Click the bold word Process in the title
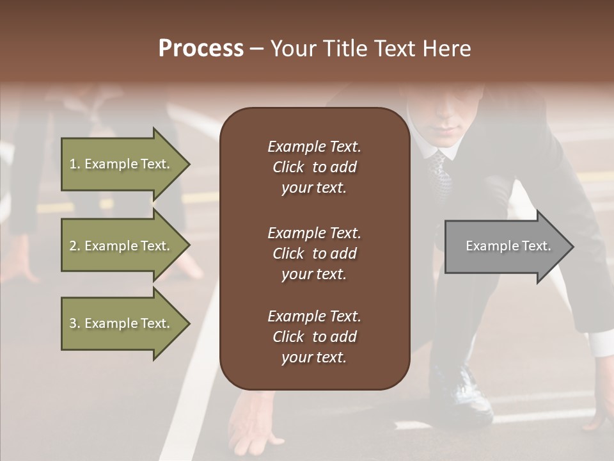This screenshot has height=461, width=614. [201, 49]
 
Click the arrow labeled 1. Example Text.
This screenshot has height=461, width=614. [122, 164]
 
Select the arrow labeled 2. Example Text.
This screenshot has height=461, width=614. [122, 246]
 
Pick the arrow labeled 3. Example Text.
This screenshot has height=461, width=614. [122, 323]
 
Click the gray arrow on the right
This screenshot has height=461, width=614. [505, 246]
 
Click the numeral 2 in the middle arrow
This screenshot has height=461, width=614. [72, 246]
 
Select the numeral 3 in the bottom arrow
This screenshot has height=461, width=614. [72, 323]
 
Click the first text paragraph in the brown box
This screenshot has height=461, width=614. [314, 167]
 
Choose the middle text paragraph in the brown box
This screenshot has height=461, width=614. [314, 254]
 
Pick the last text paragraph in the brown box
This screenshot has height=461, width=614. [314, 337]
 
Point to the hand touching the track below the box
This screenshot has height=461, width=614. [253, 423]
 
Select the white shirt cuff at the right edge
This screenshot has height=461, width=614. [601, 346]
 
